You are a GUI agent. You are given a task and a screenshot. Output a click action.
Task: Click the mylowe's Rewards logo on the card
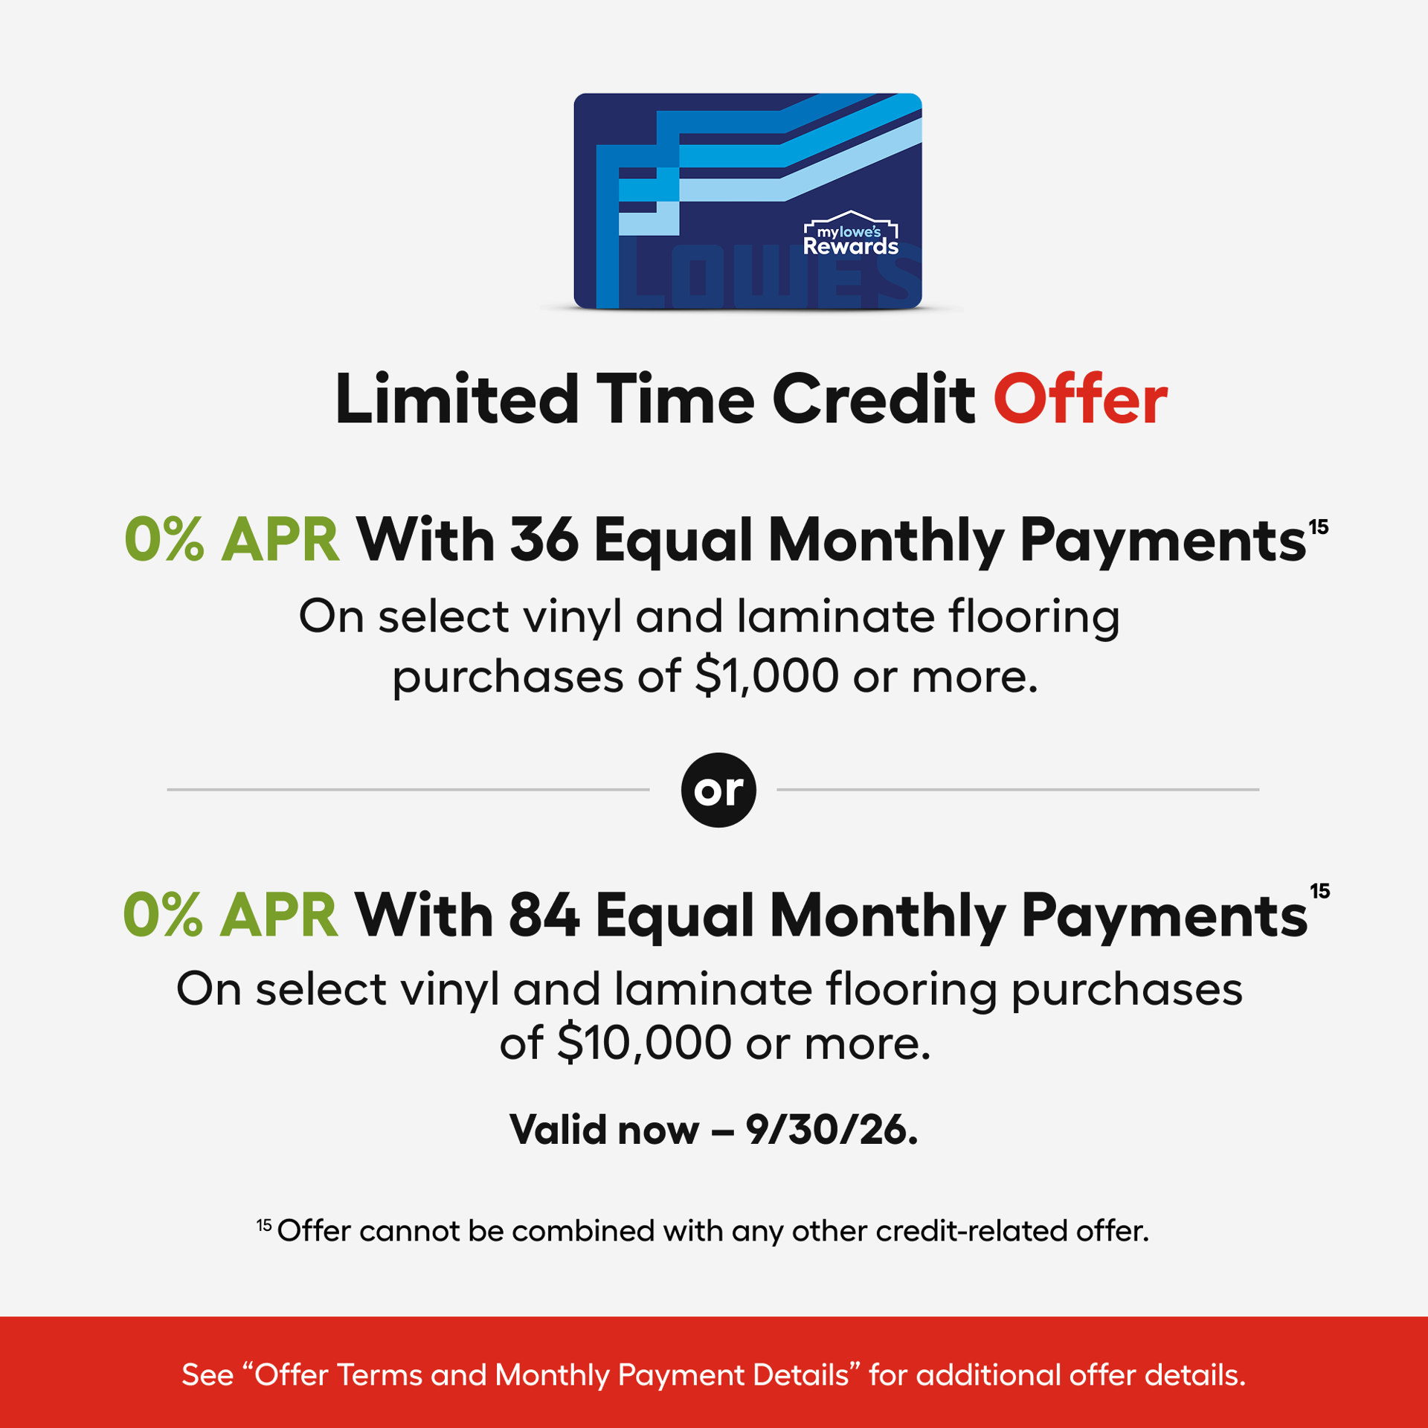(851, 233)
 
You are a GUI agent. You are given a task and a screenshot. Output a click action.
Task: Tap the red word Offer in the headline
(1080, 400)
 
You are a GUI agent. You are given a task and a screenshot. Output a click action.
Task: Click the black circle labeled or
(718, 789)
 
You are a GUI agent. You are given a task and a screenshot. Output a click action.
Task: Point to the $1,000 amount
(767, 676)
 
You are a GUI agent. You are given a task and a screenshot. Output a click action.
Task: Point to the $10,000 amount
(644, 1043)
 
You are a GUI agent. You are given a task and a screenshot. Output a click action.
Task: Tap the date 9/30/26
(832, 1130)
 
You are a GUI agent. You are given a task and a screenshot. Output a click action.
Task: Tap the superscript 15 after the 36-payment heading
(1319, 527)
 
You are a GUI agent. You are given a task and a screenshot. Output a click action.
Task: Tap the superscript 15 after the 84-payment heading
(1320, 891)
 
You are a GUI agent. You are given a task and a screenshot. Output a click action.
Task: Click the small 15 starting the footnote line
(264, 1224)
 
